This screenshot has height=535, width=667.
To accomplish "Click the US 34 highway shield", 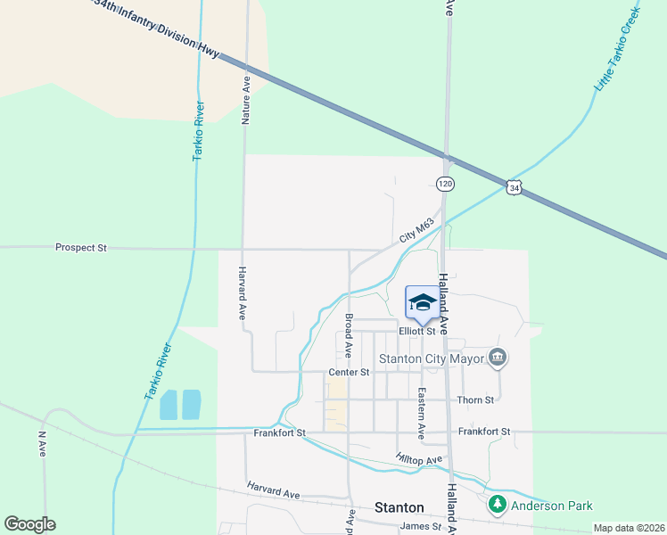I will pyautogui.click(x=513, y=187).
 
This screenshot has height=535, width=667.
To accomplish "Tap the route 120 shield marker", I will pyautogui.click(x=444, y=183).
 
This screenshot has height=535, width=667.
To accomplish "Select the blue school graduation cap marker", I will pyautogui.click(x=421, y=301).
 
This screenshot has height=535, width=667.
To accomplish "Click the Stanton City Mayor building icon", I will pyautogui.click(x=498, y=358).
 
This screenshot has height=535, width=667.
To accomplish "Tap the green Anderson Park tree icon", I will pyautogui.click(x=497, y=506).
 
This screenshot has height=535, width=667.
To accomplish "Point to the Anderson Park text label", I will pyautogui.click(x=551, y=506).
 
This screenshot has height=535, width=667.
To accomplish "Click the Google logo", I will pyautogui.click(x=29, y=524).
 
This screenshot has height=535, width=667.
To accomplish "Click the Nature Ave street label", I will pyautogui.click(x=246, y=100).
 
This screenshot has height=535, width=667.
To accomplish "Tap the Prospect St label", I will pyautogui.click(x=80, y=247).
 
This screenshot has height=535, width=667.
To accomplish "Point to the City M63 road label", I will pyautogui.click(x=416, y=230).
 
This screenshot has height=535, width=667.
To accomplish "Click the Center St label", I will pyautogui.click(x=349, y=371).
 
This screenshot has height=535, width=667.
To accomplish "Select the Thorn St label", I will pyautogui.click(x=474, y=400).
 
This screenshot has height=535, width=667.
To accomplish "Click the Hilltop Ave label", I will pyautogui.click(x=419, y=459).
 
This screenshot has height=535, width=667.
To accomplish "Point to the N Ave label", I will pyautogui.click(x=42, y=445).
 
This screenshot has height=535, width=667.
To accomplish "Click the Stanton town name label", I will pyautogui.click(x=399, y=507).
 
